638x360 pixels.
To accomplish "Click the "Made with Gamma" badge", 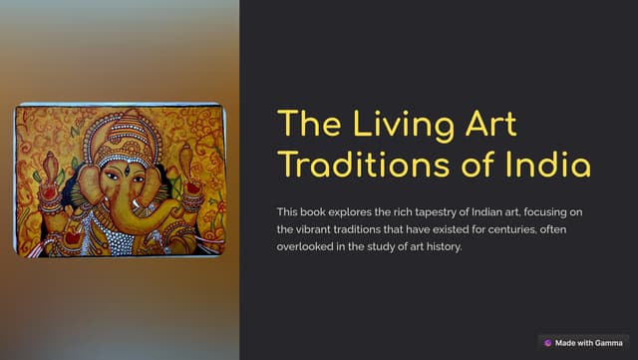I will [x=583, y=342].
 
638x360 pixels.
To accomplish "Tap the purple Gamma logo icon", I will [x=548, y=342].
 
